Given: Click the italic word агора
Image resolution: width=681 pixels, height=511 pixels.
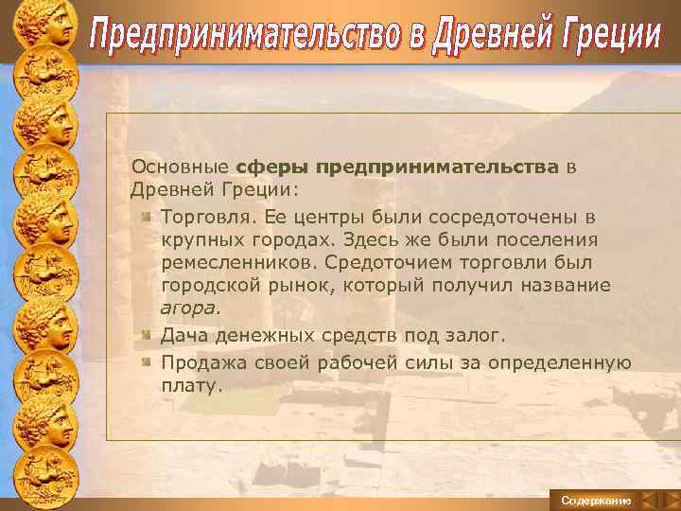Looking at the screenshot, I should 189,308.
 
